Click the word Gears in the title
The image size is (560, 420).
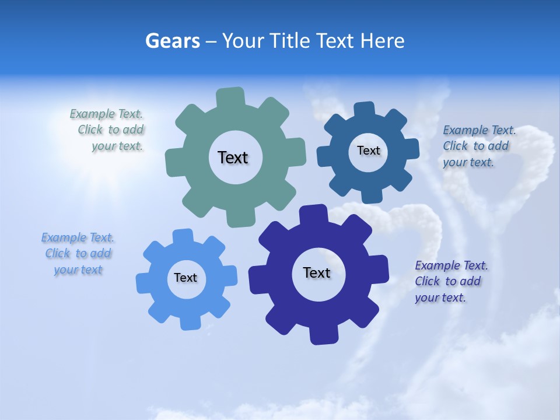pyautogui.click(x=173, y=41)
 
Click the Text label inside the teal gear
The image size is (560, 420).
pyautogui.click(x=233, y=157)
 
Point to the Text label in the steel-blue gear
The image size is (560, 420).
pyautogui.click(x=368, y=150)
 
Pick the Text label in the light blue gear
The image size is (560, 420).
pyautogui.click(x=185, y=278)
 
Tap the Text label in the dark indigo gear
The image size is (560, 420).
pyautogui.click(x=317, y=272)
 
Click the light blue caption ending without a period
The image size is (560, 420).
pyautogui.click(x=78, y=254)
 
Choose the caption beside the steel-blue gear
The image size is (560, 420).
pyautogui.click(x=479, y=146)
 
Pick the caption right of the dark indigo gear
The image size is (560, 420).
pyautogui.click(x=451, y=282)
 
